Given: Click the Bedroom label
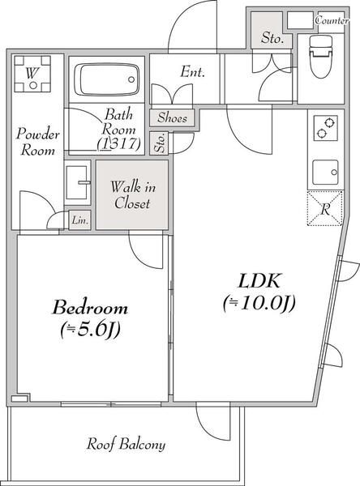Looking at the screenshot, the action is (90, 308).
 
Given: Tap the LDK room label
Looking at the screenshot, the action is (259, 281).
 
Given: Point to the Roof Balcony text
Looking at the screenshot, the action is (126, 444).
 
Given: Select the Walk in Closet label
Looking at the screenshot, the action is (132, 195).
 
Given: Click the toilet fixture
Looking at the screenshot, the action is (321, 56).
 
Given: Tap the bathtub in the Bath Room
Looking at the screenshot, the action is (106, 79).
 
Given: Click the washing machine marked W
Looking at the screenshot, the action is (32, 74).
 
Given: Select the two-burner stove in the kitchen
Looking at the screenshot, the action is (325, 128).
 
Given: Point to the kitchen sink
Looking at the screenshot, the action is (325, 173).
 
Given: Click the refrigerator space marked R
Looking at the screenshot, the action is (324, 208).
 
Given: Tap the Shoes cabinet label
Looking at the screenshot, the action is (172, 117).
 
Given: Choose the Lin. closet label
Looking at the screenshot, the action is (80, 220).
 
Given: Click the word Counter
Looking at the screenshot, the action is (332, 20).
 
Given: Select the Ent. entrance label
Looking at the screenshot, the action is (193, 71).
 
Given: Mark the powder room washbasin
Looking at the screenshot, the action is (77, 182).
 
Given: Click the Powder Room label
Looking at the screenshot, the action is (38, 142).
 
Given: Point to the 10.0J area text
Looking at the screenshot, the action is (259, 303).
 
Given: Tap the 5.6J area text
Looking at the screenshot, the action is (90, 330).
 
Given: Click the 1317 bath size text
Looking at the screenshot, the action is (118, 144).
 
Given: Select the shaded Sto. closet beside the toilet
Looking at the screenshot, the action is (272, 31).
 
